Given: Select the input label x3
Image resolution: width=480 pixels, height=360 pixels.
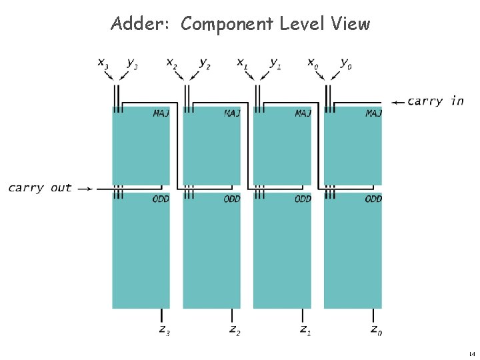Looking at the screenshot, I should [103, 63].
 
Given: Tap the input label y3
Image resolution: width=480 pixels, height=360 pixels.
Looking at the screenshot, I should [132, 64].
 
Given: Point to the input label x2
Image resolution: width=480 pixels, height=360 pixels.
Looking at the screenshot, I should [172, 63].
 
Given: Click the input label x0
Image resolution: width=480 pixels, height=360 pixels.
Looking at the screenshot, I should [312, 63].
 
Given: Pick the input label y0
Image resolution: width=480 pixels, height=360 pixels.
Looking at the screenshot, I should [345, 64].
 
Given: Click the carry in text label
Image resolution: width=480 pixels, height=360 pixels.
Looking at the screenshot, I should [435, 101].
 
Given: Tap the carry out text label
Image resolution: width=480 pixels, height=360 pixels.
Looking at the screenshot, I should [40, 188].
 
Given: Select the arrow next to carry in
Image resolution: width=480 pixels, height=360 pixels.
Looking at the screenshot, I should [397, 102].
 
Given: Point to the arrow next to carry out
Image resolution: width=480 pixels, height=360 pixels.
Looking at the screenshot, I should [85, 189].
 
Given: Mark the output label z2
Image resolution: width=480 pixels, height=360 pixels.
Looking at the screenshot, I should [235, 329].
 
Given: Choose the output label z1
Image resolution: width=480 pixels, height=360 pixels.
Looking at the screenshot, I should [305, 329].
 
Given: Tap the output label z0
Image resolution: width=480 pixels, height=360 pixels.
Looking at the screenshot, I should [376, 329].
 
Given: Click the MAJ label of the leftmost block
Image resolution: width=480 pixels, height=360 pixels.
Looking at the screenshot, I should [161, 113].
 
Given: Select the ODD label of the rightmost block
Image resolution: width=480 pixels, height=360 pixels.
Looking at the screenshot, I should [373, 199].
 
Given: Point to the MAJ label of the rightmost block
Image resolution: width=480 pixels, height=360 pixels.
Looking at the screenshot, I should [373, 113].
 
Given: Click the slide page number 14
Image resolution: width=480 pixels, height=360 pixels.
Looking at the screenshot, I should [471, 353].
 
